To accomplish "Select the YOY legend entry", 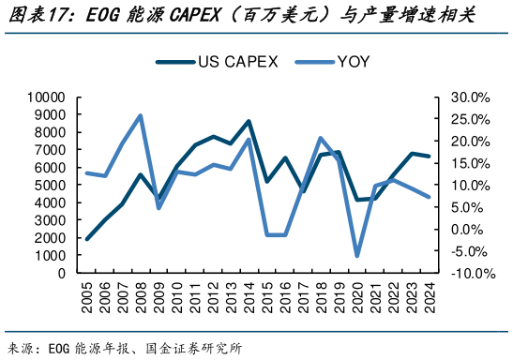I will coord(353,62).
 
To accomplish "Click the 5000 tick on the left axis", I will coord(49,185).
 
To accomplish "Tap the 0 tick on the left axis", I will coord(59,273).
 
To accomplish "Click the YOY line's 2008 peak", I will coord(140,116).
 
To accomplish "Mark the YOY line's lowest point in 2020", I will coord(356,256).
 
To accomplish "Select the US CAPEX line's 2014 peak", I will coord(249,121).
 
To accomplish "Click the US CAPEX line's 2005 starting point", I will coord(86,239).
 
